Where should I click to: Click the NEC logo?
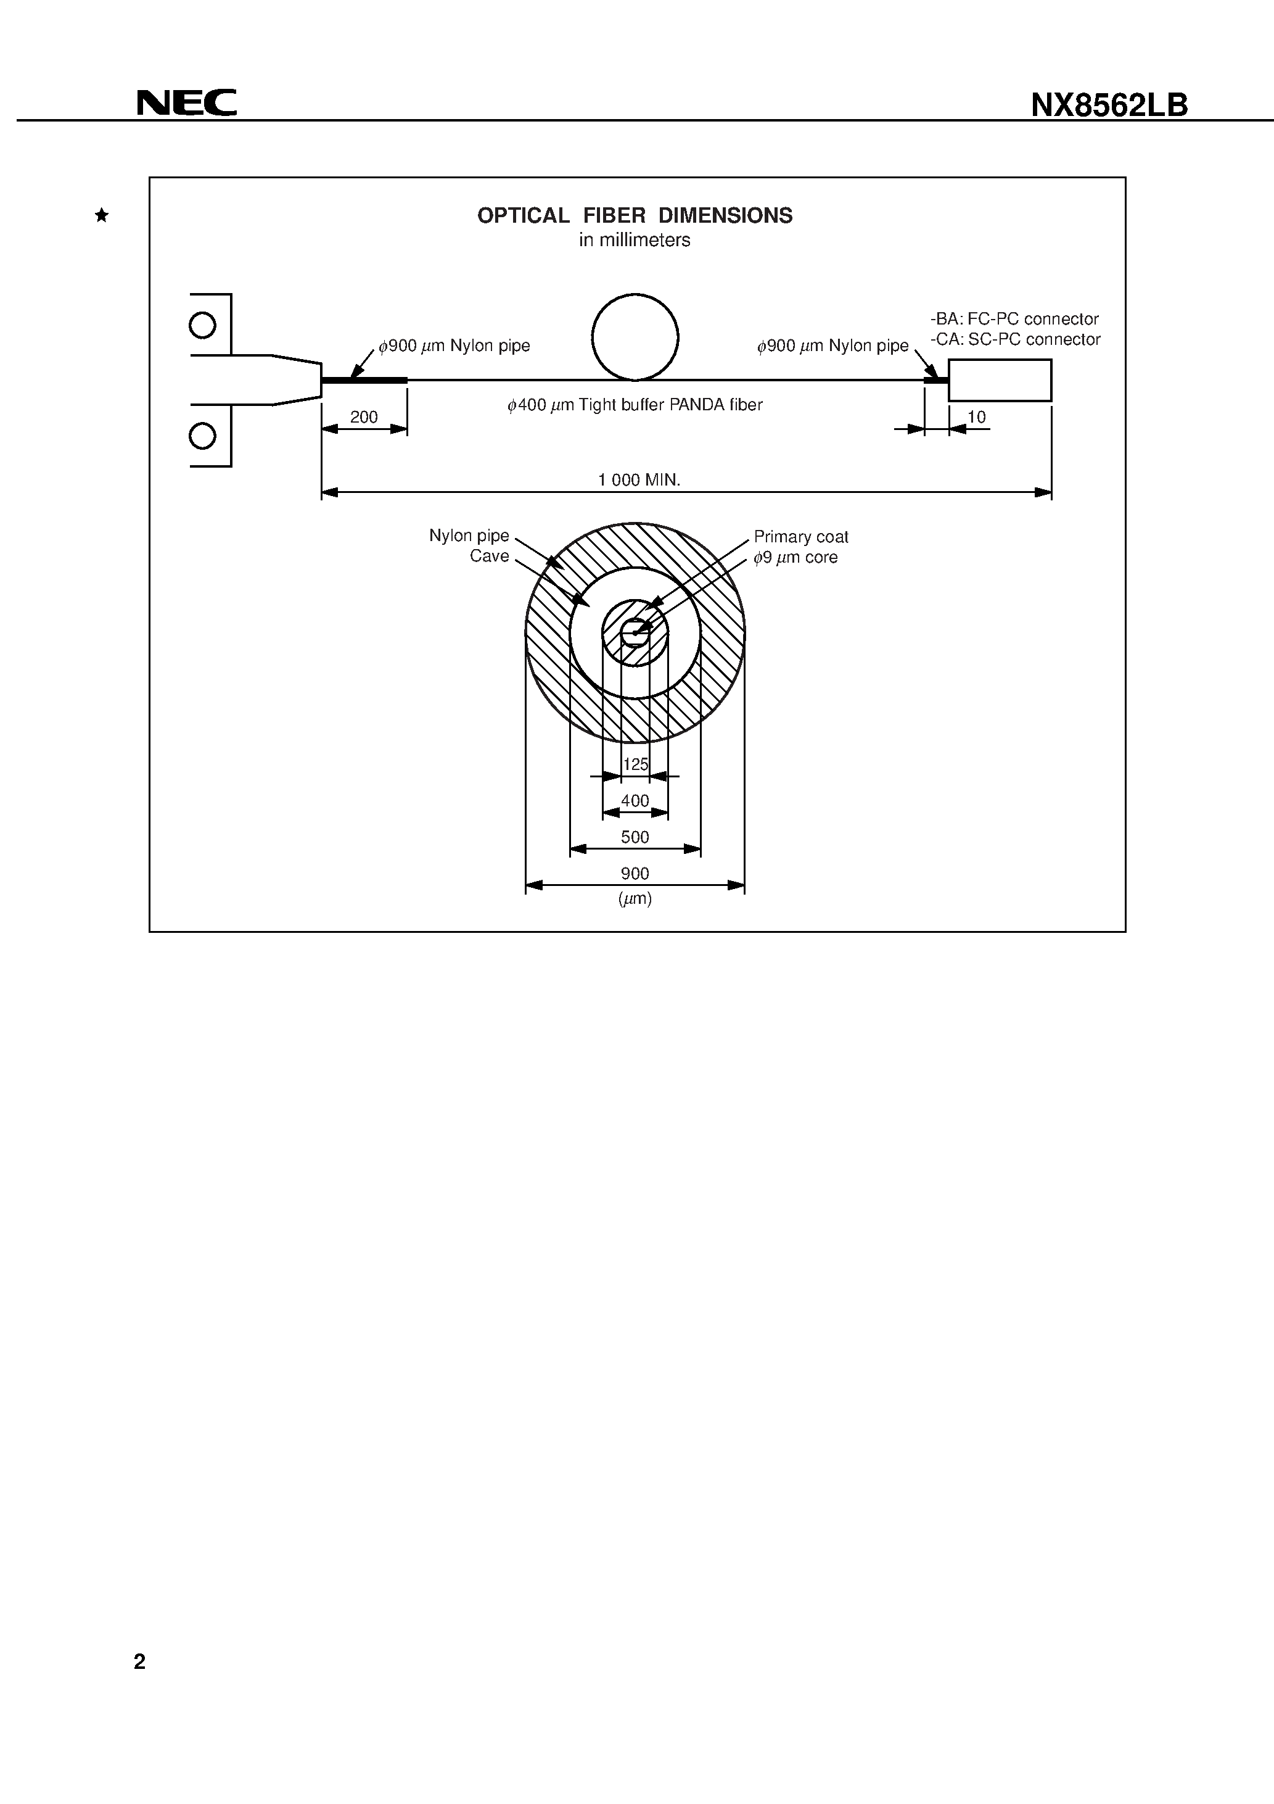tap(186, 103)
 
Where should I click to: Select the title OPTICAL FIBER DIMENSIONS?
tap(635, 215)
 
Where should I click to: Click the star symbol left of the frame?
tap(101, 215)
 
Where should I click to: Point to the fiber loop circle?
tap(635, 337)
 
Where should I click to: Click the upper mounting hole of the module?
tap(203, 325)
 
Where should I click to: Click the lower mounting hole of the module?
tap(203, 436)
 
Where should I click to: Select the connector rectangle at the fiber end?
tap(999, 380)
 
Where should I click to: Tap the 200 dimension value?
tap(364, 417)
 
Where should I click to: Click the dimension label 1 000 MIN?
tap(639, 480)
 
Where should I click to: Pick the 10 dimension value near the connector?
tap(976, 417)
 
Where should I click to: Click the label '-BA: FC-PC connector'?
tap(1014, 319)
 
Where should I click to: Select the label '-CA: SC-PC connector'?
tap(1015, 339)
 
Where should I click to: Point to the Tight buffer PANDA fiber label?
tap(635, 405)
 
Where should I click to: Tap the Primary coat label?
tap(800, 537)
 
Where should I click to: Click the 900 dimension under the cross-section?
tap(635, 874)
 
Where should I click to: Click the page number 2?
tap(140, 1661)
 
